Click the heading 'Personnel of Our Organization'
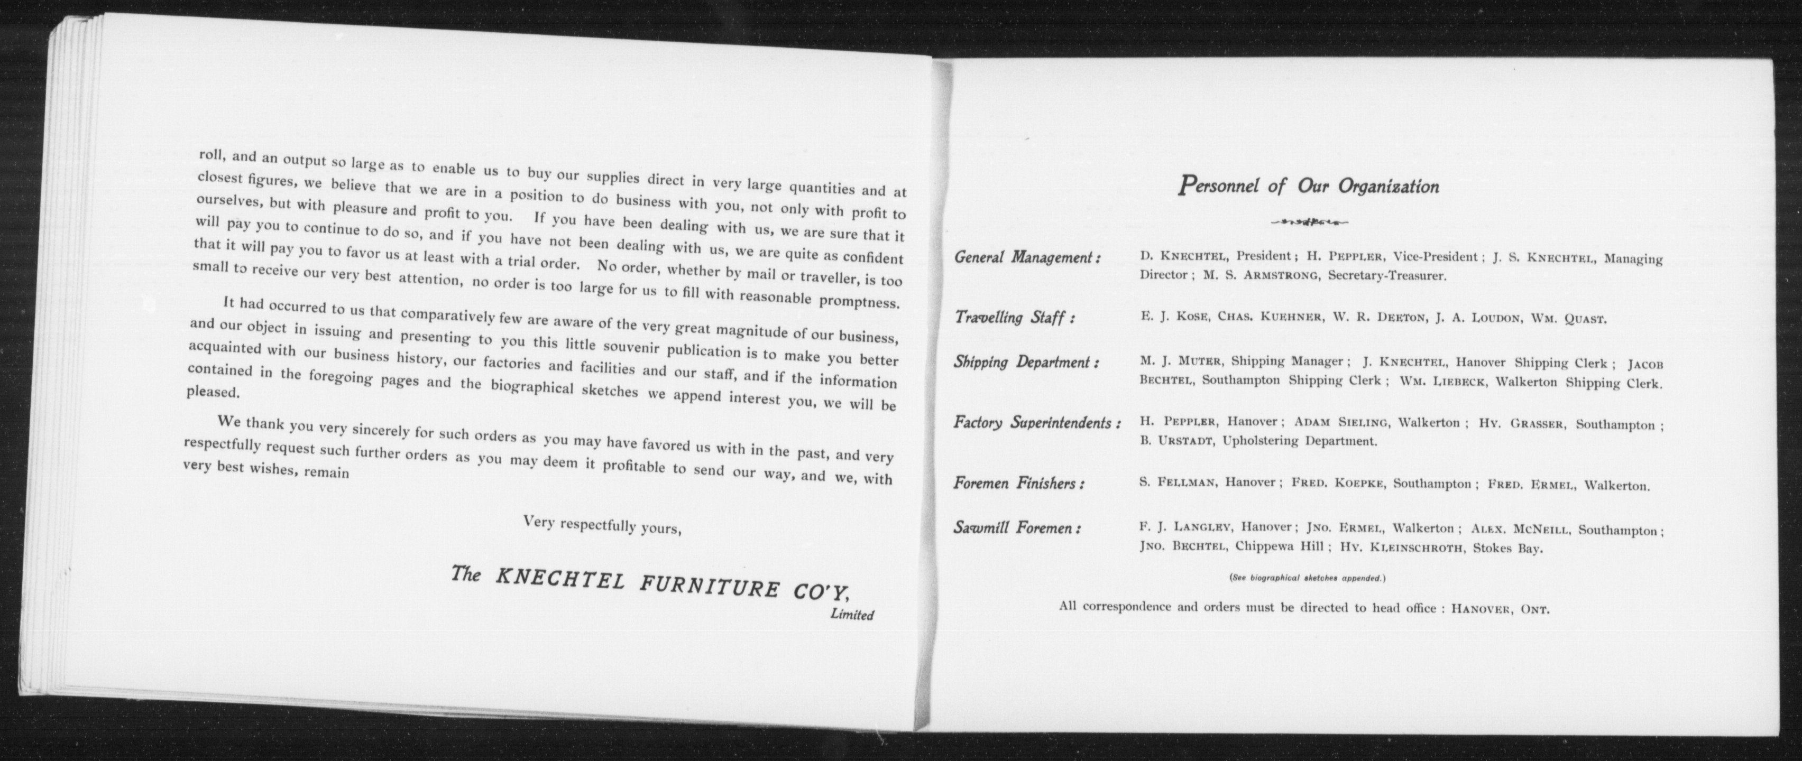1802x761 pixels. pyautogui.click(x=1308, y=187)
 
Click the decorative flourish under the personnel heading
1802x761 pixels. pyautogui.click(x=1309, y=223)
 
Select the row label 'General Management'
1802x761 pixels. pyautogui.click(x=1027, y=257)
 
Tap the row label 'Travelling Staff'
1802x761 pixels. pyautogui.click(x=1014, y=318)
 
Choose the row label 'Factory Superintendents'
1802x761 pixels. pyautogui.click(x=1037, y=423)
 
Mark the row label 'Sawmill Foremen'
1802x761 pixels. pyautogui.click(x=1017, y=528)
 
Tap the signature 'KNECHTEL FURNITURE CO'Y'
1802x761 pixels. pyautogui.click(x=672, y=586)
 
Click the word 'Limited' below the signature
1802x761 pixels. pyautogui.click(x=852, y=615)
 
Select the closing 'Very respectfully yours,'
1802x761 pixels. pyautogui.click(x=602, y=525)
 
